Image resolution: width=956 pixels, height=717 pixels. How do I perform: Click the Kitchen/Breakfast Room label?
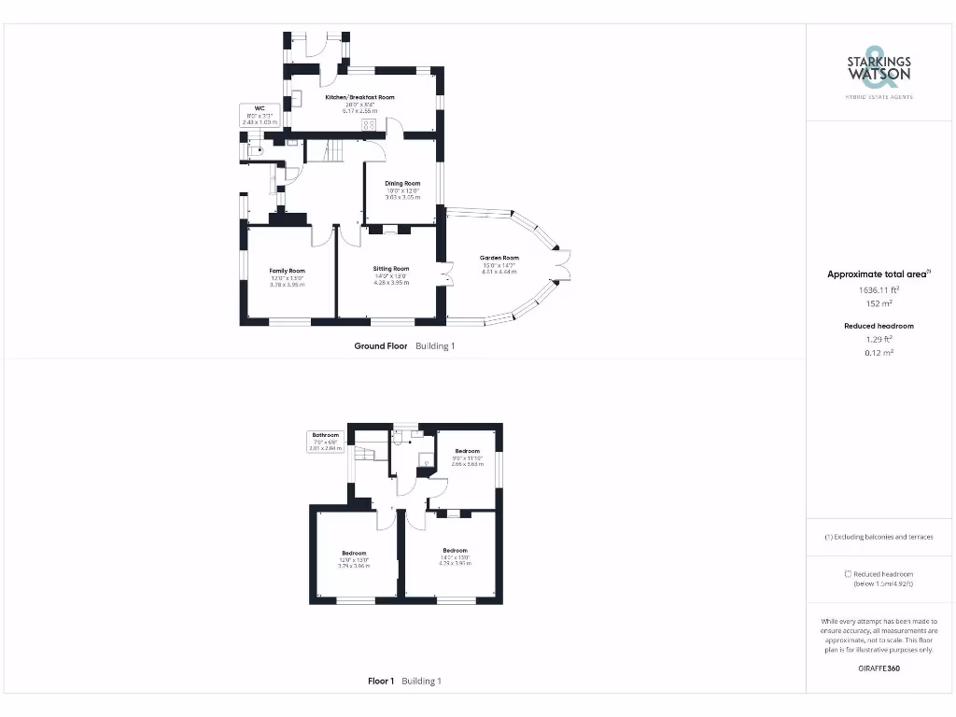[x=359, y=97]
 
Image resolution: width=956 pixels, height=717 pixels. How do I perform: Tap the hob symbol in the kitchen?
[x=370, y=125]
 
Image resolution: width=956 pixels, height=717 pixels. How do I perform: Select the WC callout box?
[x=260, y=115]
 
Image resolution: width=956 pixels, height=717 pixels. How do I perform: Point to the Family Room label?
[x=288, y=271]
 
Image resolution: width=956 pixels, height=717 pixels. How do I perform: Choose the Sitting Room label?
[x=391, y=268]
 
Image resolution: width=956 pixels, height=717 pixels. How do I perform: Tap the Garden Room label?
[x=499, y=259]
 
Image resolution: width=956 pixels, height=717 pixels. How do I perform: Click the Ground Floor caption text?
[x=381, y=345]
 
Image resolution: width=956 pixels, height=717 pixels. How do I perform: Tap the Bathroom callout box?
[x=326, y=442]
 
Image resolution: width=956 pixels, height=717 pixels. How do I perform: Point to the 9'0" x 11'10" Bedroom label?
[x=468, y=452]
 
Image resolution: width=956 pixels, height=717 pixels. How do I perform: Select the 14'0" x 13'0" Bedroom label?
[x=455, y=551]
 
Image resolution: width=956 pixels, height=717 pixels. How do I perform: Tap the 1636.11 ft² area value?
[x=879, y=290]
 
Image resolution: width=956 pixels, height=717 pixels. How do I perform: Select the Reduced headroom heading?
[x=879, y=326]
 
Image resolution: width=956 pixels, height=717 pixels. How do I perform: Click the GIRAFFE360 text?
[x=879, y=668]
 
